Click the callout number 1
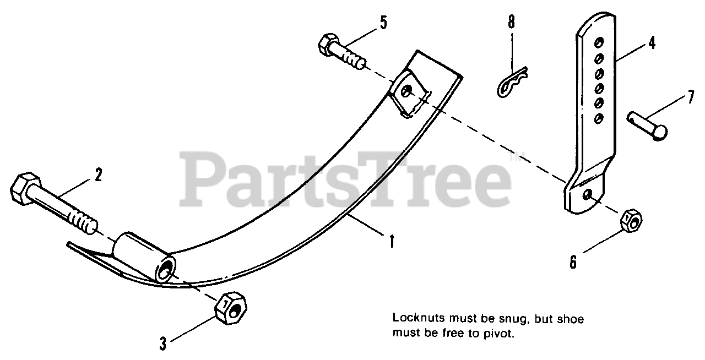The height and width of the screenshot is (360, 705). (392, 241)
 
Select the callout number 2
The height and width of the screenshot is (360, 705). (98, 176)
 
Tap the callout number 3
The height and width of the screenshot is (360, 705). (163, 344)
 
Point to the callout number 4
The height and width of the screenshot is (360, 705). (652, 42)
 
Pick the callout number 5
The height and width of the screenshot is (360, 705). (383, 23)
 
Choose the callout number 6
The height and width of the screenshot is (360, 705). (573, 262)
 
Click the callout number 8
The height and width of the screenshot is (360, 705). (512, 23)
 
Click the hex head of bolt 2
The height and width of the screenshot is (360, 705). (25, 189)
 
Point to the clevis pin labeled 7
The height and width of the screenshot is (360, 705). (647, 124)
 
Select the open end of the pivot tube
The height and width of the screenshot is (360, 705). (165, 270)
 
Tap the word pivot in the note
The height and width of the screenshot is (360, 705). (499, 334)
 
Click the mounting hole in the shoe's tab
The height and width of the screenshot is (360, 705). (406, 92)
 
